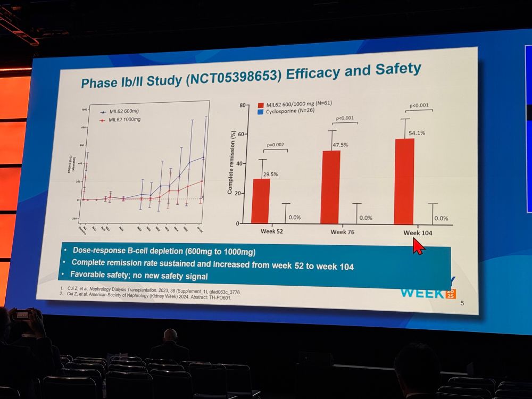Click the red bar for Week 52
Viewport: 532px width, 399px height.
[x=260, y=201]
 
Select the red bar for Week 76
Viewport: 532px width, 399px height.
[x=331, y=187]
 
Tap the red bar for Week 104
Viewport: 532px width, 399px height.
[x=404, y=181]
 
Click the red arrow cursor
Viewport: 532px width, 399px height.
[x=419, y=246]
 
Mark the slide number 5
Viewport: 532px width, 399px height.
[x=462, y=304]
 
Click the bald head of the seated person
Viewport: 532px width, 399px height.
[x=170, y=336]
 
